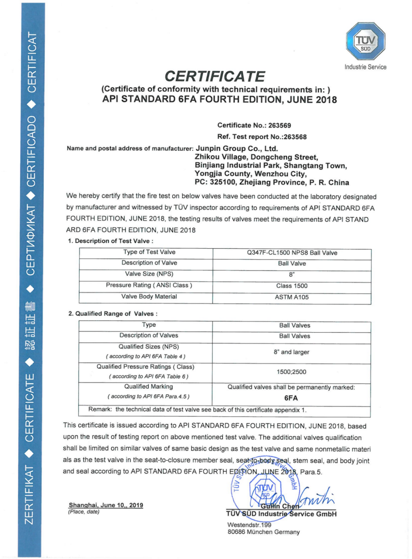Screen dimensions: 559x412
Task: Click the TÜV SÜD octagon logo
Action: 365,41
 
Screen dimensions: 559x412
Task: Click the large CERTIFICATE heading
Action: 215,76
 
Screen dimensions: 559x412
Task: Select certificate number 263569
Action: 279,126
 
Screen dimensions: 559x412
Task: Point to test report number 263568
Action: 295,137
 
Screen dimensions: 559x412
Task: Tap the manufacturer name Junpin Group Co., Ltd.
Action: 236,149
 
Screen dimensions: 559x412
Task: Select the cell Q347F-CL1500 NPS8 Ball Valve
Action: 292,253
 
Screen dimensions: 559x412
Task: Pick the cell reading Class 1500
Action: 292,286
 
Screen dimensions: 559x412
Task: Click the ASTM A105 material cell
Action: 292,297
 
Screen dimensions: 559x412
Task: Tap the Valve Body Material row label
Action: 149,296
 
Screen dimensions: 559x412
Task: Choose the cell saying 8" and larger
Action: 291,352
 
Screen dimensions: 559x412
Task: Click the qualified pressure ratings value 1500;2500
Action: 291,372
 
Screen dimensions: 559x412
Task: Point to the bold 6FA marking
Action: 291,398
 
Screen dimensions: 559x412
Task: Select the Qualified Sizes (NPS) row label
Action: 149,347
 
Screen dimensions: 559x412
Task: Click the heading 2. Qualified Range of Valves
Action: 113,314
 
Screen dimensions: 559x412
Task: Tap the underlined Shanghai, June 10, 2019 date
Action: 106,505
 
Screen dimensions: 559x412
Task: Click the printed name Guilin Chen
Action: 280,506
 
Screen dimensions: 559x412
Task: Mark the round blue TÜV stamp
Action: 265,486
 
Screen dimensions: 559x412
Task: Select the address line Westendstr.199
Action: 249,525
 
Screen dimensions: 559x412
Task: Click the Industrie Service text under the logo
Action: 365,67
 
